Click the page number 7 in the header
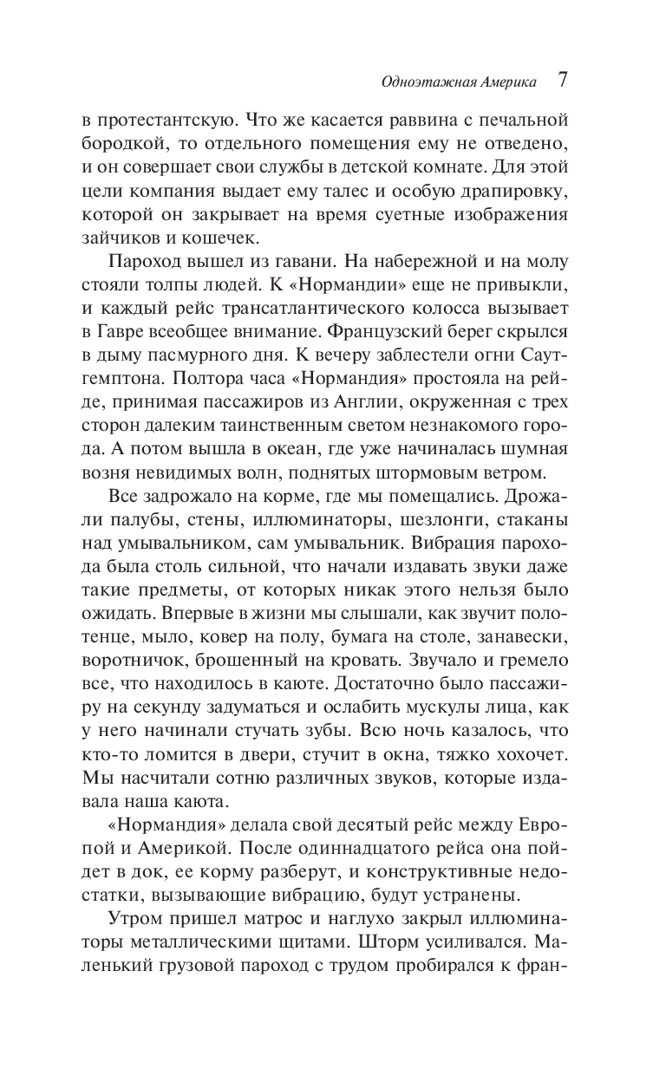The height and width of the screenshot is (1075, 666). tap(562, 81)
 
